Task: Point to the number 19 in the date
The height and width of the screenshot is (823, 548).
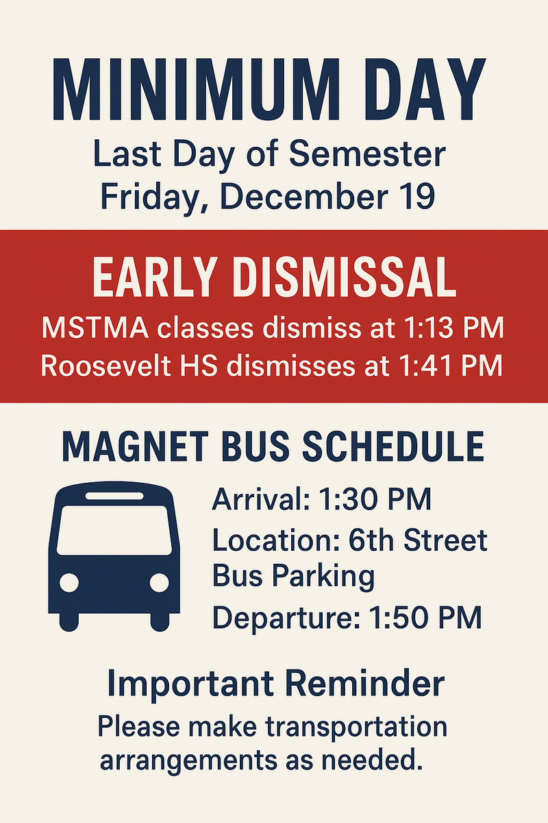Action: tap(415, 195)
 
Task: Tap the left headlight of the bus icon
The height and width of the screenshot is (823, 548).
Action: tap(69, 583)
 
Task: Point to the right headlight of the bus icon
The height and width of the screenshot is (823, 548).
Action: tap(159, 583)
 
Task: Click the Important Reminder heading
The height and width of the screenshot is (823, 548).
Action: tap(275, 684)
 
